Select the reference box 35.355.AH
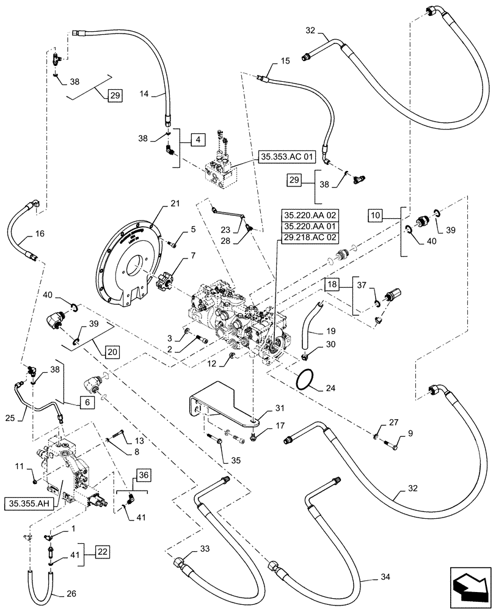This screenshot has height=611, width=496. pyautogui.click(x=29, y=503)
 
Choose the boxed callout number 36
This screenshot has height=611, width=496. pyautogui.click(x=143, y=474)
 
